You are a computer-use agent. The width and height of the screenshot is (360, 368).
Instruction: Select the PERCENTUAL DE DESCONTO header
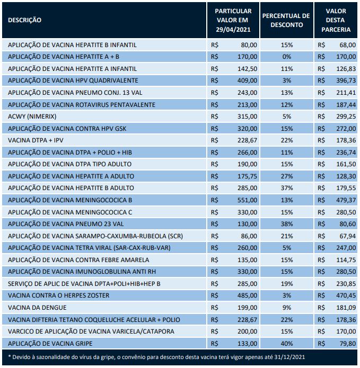286,20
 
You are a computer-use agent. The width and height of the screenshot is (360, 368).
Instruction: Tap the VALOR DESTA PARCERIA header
336,20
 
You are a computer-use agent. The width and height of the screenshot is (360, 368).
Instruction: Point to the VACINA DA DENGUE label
36,308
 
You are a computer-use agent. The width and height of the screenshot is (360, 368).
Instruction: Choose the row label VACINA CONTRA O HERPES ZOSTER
53,295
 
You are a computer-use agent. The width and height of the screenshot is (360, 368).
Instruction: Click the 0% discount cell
286,57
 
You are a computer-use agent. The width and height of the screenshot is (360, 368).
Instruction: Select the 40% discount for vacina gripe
286,343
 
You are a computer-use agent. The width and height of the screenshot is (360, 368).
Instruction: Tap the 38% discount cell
286,224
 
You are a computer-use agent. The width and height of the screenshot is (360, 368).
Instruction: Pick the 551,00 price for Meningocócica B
248,200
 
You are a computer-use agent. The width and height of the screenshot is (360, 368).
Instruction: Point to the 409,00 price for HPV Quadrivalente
248,80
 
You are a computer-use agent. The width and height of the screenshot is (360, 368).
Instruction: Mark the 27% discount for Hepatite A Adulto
286,176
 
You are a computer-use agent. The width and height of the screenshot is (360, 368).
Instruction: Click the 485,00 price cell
248,295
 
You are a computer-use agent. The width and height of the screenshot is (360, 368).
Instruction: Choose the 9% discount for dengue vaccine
286,308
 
